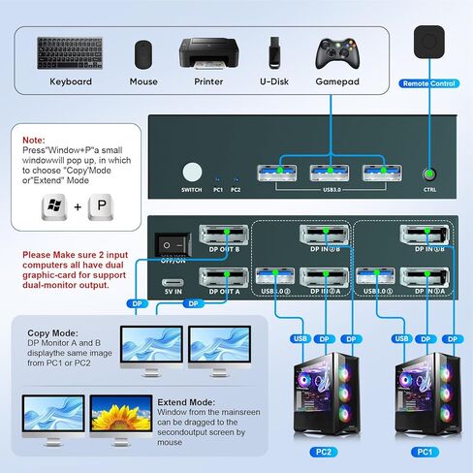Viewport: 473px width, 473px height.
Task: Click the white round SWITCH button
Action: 192,173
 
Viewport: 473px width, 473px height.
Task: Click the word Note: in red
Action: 33,139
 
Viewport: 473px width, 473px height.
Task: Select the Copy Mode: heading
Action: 53,331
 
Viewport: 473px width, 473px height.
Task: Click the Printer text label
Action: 208,81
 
